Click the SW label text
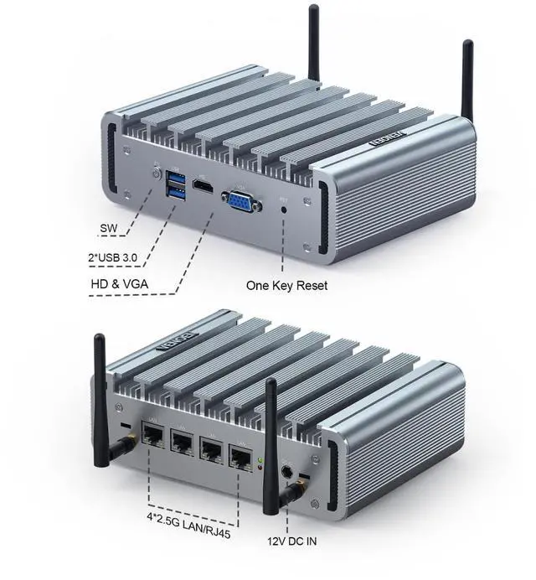[110, 228]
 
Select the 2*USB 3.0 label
[122, 256]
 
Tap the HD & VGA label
[120, 284]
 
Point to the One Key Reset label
[286, 285]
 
